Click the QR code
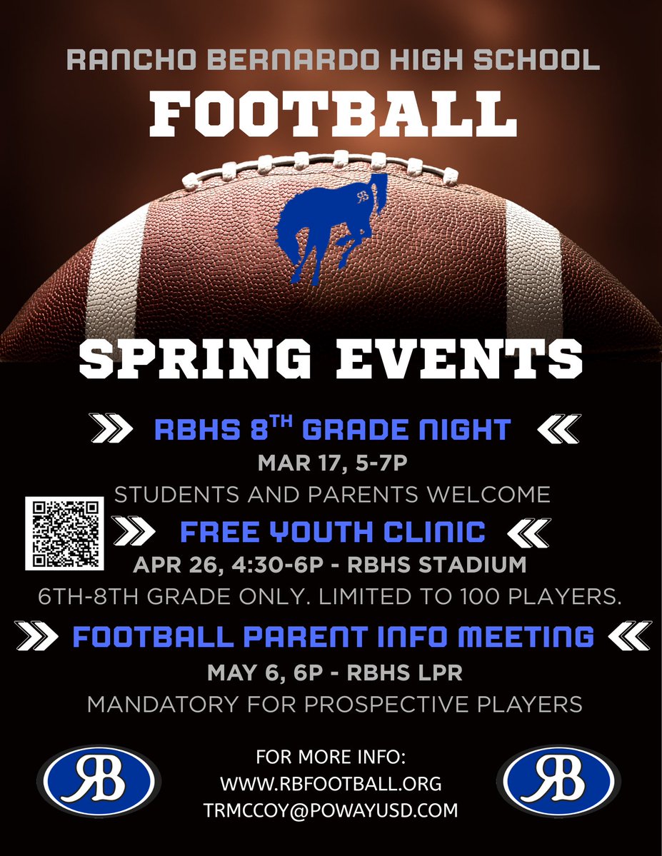64,534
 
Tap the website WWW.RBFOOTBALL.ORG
331,783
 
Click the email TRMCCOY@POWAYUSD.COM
331,810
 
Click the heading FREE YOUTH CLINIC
333,531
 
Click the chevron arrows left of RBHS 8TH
114,429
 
